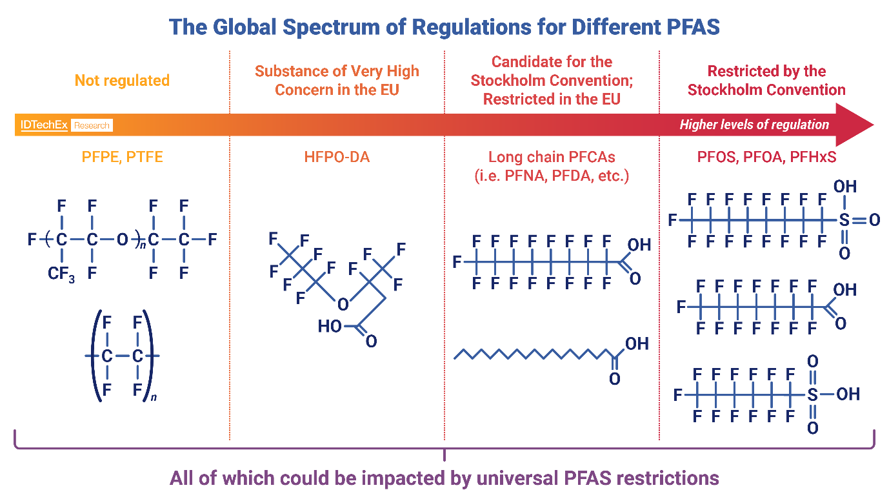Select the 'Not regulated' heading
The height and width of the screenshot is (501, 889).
pos(122,81)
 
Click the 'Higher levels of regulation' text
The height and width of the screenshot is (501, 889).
pos(754,125)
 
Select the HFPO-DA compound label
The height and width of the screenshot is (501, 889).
pos(337,157)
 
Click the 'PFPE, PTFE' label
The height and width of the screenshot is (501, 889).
pos(122,157)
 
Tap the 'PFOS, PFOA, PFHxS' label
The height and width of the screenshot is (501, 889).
pos(766,157)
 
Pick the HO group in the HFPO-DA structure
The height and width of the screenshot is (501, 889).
pos(330,327)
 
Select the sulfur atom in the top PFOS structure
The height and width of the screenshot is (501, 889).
pos(844,220)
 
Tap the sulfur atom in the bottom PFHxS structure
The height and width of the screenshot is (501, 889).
pos(812,393)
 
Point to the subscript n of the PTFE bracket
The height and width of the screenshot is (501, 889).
pos(154,398)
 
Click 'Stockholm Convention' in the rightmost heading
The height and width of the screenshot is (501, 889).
pos(766,90)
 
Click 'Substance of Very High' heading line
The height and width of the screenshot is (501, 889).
pos(337,71)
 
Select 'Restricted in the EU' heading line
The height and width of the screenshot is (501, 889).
pos(552,99)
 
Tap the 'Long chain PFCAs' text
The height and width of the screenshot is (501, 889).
pos(552,157)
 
